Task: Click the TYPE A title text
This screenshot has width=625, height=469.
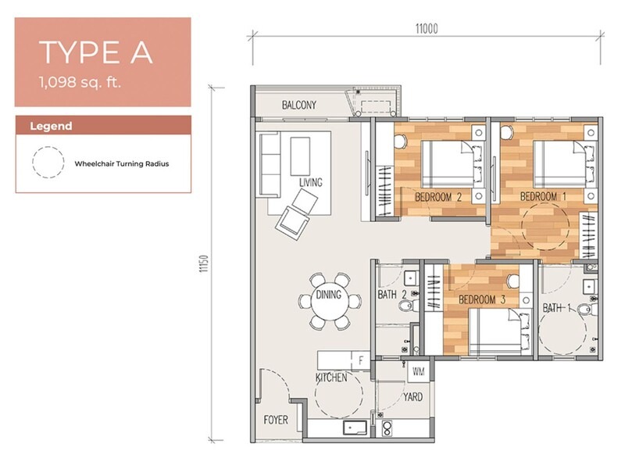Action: [95, 52]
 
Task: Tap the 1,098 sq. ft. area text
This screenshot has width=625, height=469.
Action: [80, 83]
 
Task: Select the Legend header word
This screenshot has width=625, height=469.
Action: [51, 126]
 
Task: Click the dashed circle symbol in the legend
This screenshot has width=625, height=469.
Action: [48, 162]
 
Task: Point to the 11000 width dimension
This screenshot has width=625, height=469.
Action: [427, 29]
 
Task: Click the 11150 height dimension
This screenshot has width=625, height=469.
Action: [204, 263]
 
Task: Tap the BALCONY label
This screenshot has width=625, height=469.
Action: [299, 105]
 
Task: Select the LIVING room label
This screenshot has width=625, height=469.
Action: [310, 182]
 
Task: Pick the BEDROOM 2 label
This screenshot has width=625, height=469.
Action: [438, 197]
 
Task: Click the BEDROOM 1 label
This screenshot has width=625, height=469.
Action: [543, 196]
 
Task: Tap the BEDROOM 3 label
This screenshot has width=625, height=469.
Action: [482, 299]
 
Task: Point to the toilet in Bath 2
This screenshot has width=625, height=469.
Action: [407, 306]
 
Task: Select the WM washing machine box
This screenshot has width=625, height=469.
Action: [418, 372]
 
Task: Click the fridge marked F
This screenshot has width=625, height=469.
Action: [361, 361]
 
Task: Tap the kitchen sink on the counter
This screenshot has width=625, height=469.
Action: [355, 428]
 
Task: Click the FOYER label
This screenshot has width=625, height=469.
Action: [276, 420]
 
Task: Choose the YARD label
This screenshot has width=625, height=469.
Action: [412, 397]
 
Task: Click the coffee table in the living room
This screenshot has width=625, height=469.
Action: [300, 156]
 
